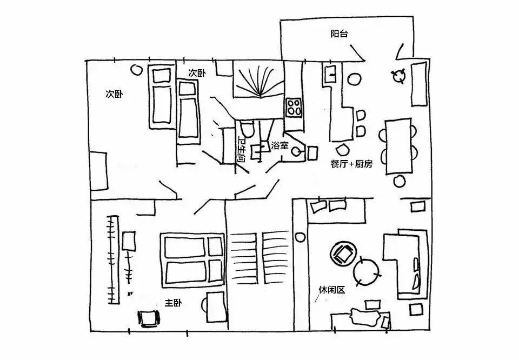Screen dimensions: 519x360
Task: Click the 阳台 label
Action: (339, 34)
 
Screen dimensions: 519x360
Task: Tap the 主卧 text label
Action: (173, 303)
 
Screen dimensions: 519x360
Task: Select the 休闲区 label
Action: (332, 290)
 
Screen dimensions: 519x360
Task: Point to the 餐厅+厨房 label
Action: (351, 164)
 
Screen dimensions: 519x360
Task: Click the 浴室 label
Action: (280, 145)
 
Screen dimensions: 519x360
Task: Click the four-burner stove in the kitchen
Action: (294, 108)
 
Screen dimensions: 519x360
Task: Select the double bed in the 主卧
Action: (192, 260)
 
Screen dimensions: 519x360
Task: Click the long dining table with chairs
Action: (398, 146)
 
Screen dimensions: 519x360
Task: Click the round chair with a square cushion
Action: (343, 253)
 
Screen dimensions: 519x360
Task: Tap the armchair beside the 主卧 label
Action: (148, 318)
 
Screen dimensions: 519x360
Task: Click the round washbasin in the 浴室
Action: (296, 152)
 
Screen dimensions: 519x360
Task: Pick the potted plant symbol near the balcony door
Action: (398, 76)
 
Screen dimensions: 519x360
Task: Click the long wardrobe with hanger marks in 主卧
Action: (113, 259)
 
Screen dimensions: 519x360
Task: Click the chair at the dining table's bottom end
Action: (400, 181)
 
